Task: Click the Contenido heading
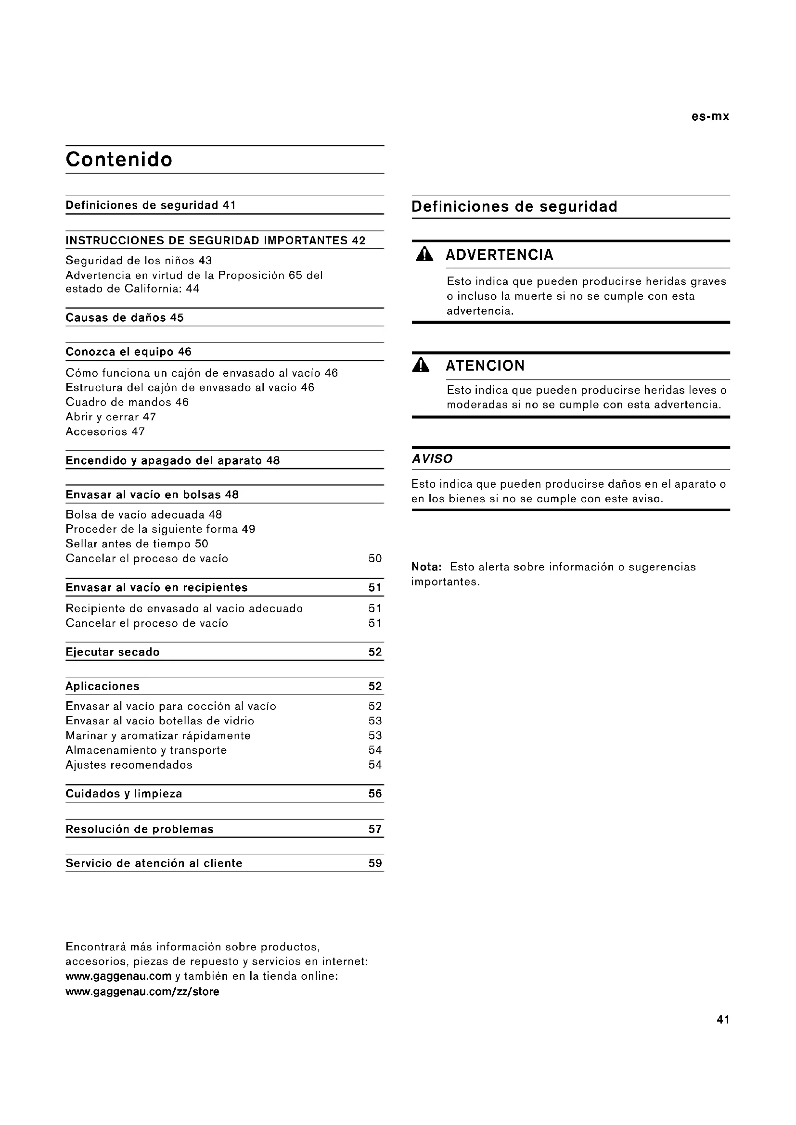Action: tap(119, 160)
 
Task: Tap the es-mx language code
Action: tap(710, 116)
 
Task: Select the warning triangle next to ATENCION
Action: tap(421, 366)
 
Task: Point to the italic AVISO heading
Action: tap(432, 459)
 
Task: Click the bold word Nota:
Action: tap(426, 567)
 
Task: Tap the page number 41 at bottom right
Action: tap(723, 1020)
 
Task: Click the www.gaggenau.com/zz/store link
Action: tap(142, 991)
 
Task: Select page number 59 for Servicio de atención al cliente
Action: tap(375, 863)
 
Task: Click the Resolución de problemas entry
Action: tap(140, 829)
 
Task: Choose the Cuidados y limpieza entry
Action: tap(124, 794)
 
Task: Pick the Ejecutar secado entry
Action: tap(113, 652)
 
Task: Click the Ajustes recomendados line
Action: tap(129, 765)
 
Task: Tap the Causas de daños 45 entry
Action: tap(125, 317)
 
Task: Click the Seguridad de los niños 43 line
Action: tap(139, 261)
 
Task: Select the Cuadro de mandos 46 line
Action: tap(127, 402)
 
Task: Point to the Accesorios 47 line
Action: tap(105, 431)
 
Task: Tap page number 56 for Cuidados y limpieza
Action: tap(375, 794)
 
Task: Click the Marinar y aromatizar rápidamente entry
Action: tap(158, 735)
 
